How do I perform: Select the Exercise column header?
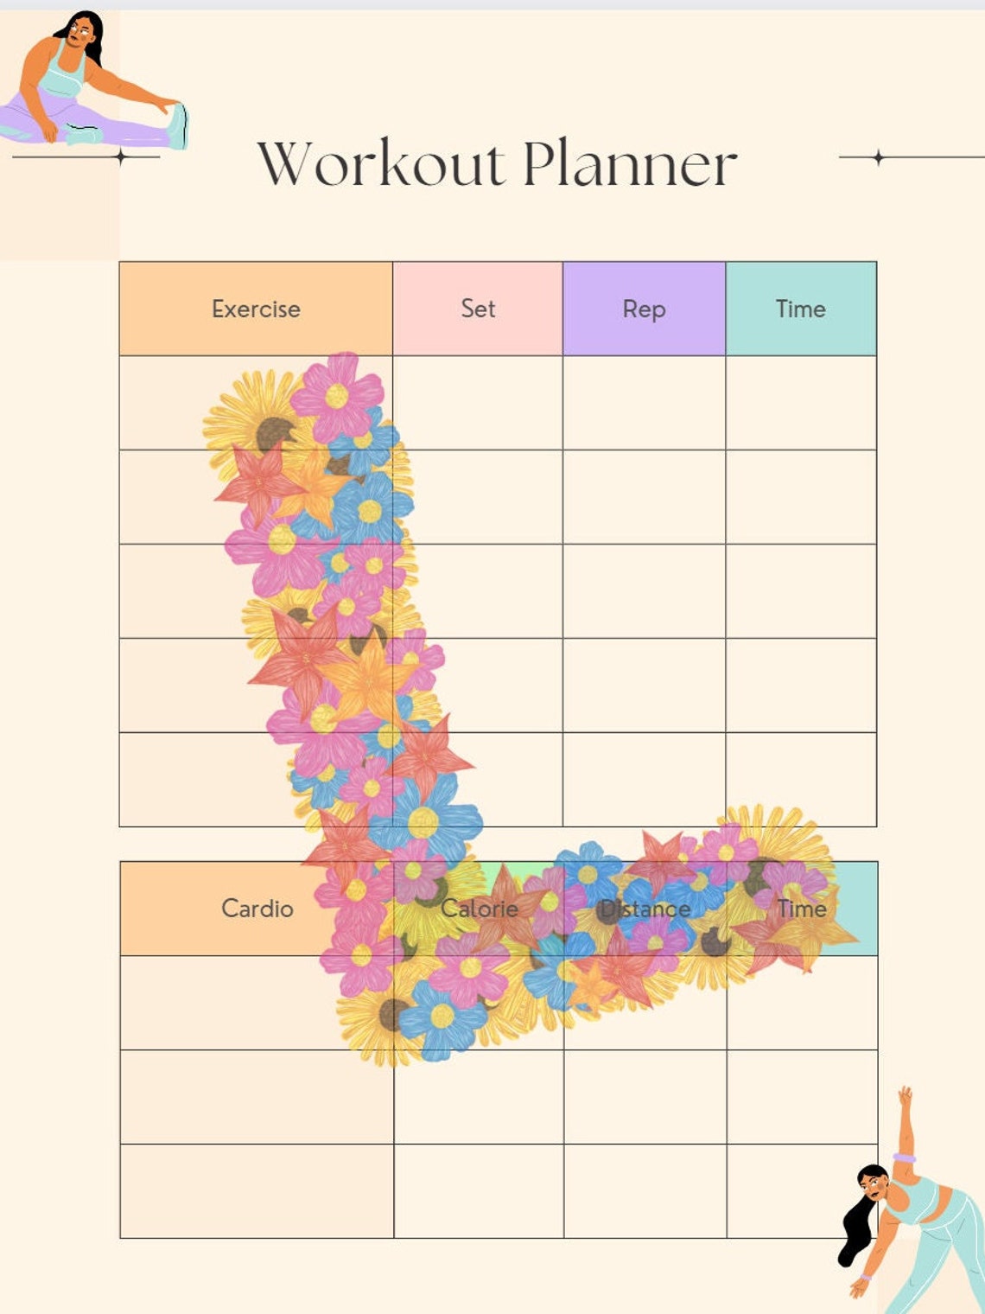pos(256,309)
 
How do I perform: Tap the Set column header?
pos(478,309)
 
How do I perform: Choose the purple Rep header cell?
pos(644,309)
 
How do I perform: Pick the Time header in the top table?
pos(801,309)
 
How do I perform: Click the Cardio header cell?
pos(257,909)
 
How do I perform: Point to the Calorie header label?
pos(480,909)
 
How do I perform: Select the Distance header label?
pos(645,909)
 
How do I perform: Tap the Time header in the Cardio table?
pos(802,909)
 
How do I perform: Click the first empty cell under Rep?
pos(644,403)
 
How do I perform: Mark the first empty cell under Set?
pos(478,403)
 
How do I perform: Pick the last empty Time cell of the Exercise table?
pos(801,780)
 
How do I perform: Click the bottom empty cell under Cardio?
pos(257,1191)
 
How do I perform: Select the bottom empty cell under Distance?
pos(645,1191)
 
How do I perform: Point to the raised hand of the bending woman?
pos(905,1097)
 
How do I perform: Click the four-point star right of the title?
pos(878,157)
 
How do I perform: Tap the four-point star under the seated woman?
pos(121,157)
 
